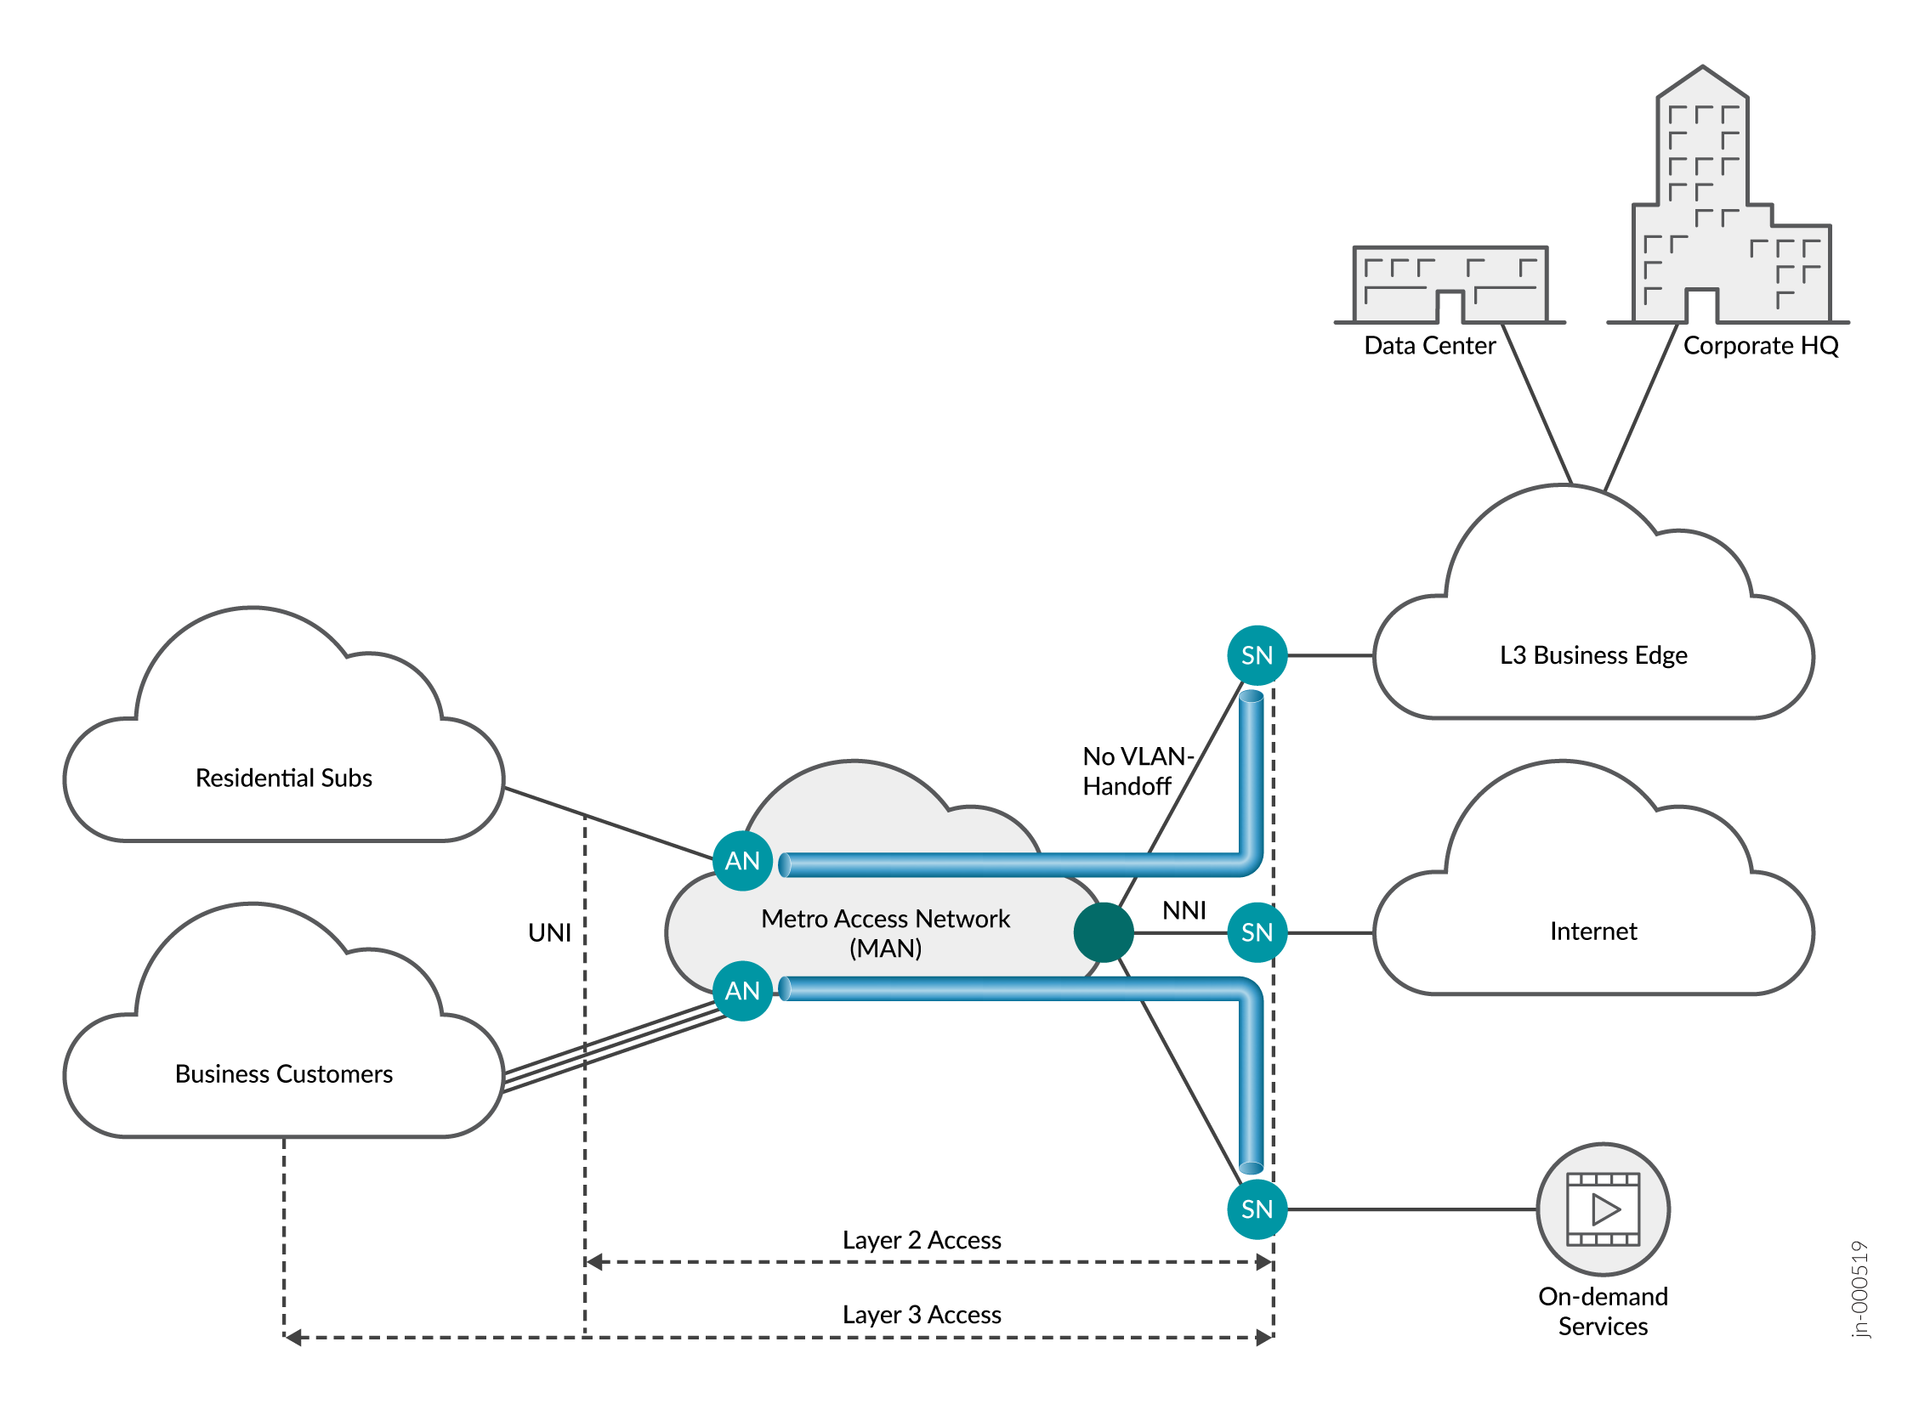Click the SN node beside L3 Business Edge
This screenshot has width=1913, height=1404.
(x=1257, y=655)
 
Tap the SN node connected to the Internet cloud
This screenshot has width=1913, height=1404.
(x=1257, y=932)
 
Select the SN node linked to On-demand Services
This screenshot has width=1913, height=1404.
(x=1257, y=1209)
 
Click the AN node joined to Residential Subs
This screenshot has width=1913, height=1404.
(x=742, y=861)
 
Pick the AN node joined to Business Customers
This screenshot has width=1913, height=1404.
(x=742, y=990)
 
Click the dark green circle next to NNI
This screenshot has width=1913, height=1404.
(x=1104, y=932)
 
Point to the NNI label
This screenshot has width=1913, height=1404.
(x=1184, y=911)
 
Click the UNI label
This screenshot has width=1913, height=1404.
(x=549, y=933)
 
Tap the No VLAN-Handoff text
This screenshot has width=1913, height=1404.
(x=1136, y=772)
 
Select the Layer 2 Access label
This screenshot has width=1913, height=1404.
(x=922, y=1240)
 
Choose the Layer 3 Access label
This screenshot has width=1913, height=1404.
(x=922, y=1315)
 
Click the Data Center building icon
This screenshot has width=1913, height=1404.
(x=1450, y=285)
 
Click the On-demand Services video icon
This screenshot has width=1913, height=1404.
(x=1603, y=1209)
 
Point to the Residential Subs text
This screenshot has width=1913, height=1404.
(x=284, y=778)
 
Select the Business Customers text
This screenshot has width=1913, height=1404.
(x=284, y=1074)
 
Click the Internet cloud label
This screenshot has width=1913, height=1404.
(x=1592, y=931)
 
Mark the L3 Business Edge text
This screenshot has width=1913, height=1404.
(x=1592, y=655)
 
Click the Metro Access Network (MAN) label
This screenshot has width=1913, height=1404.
(x=885, y=933)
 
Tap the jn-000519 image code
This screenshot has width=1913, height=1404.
(x=1860, y=1289)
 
